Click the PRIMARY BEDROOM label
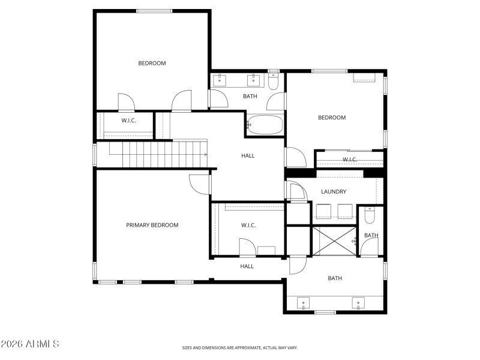[152, 225]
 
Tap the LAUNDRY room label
[333, 191]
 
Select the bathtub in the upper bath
[265, 125]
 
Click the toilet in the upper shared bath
[274, 82]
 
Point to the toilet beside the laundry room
[370, 215]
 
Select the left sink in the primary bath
[304, 303]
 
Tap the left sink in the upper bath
[220, 79]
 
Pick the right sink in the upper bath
[254, 79]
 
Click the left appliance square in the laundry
[323, 212]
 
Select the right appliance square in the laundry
[344, 212]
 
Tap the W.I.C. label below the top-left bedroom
[128, 121]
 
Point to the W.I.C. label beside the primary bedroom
[248, 225]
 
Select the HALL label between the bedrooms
[248, 155]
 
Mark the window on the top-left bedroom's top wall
[154, 11]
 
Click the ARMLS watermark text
[30, 344]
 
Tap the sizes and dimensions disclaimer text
[240, 347]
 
